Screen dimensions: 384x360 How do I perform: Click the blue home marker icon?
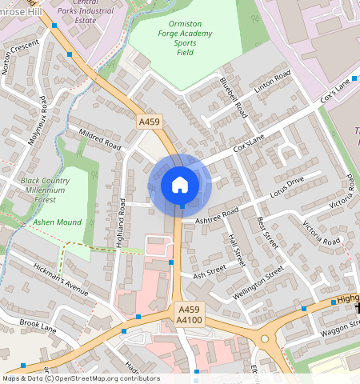[180, 185]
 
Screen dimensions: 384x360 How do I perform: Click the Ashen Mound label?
[57, 222]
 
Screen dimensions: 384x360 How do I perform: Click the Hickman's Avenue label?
[61, 278]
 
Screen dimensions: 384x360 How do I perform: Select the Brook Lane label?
[38, 326]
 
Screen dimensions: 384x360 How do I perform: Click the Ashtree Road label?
[218, 214]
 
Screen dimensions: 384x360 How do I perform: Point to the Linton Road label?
[273, 85]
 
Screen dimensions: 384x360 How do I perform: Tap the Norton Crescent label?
[20, 57]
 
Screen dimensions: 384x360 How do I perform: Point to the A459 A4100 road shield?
[189, 314]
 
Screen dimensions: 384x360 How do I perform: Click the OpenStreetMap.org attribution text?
[107, 378]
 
